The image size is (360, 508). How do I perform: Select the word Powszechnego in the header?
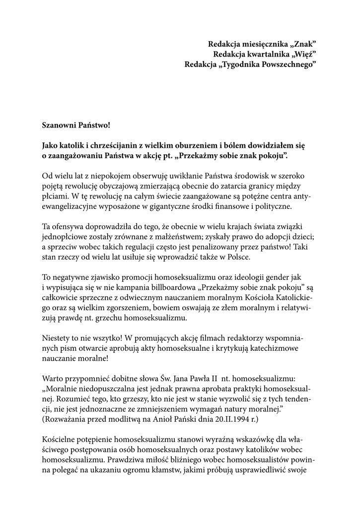pyautogui.click(x=287, y=64)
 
